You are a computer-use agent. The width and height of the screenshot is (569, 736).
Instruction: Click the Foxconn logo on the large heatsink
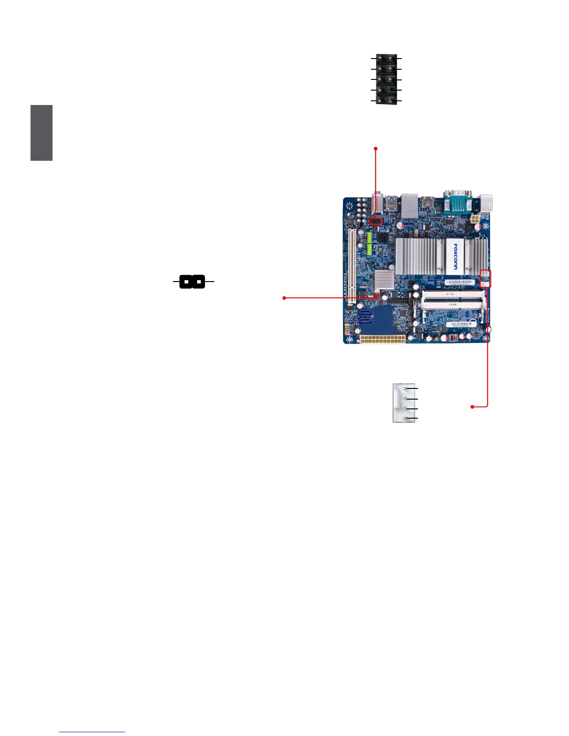click(x=455, y=256)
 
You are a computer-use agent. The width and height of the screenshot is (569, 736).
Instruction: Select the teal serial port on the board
click(x=457, y=203)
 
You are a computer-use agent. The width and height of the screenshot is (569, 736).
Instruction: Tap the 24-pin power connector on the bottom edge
click(x=383, y=339)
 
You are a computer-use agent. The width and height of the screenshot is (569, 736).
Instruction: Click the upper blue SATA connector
click(x=365, y=313)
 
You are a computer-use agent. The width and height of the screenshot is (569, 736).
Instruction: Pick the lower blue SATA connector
click(x=365, y=321)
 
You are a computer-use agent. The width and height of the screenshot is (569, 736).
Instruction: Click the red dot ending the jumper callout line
click(x=284, y=298)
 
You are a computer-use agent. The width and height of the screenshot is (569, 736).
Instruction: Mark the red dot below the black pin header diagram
click(x=376, y=149)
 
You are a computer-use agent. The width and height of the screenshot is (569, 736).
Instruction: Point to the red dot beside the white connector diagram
click(x=472, y=407)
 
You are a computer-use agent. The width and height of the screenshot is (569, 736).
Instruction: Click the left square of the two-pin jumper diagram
click(x=186, y=282)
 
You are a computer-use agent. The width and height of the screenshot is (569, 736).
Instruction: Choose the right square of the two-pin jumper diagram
click(x=198, y=282)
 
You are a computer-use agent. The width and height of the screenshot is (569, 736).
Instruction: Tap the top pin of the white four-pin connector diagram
click(x=405, y=388)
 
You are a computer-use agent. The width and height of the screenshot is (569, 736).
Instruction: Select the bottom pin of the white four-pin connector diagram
click(x=405, y=419)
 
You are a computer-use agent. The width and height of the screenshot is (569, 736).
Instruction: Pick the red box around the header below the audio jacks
click(x=376, y=222)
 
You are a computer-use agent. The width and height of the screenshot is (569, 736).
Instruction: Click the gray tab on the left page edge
click(x=41, y=133)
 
